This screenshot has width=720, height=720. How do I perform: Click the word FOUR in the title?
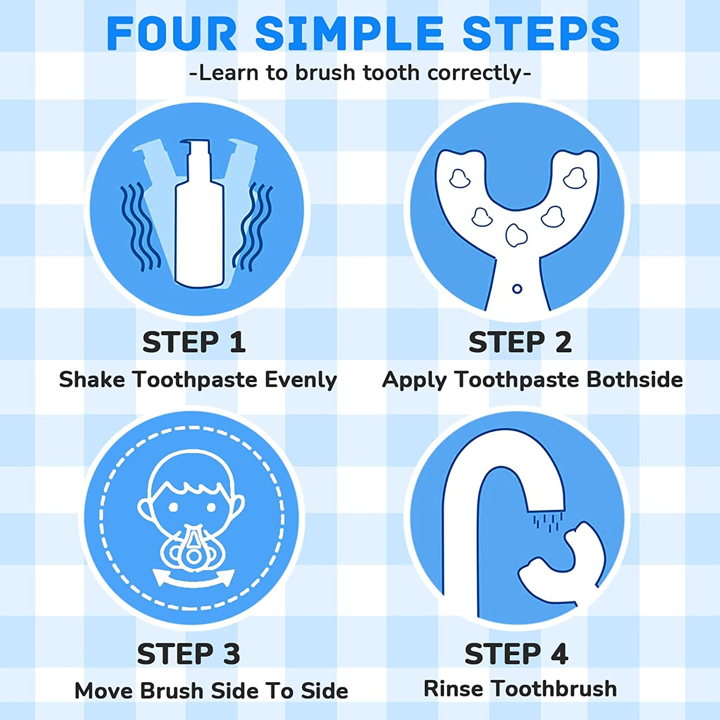tap(172, 34)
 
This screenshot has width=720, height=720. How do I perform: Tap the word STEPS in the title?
tap(542, 34)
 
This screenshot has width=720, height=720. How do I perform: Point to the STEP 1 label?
tap(194, 342)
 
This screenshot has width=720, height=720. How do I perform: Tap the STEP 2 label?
tap(520, 342)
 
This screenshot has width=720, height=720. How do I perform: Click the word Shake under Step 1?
tap(92, 380)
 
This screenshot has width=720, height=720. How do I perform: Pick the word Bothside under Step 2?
tap(634, 380)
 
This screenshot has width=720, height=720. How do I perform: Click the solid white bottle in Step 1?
tap(199, 214)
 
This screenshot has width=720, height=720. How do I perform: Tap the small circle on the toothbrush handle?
tap(517, 289)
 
